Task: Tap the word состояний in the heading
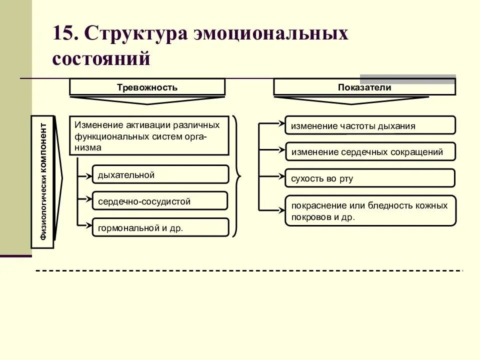pos(101,58)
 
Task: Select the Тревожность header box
pos(147,87)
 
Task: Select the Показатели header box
pos(364,87)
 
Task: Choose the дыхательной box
pos(160,175)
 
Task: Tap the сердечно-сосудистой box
pos(160,201)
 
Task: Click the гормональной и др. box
pos(160,228)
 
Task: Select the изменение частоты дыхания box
pos(370,125)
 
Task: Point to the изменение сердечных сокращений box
pos(370,152)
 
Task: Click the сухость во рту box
pos(370,178)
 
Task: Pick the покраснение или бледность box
pos(370,211)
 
